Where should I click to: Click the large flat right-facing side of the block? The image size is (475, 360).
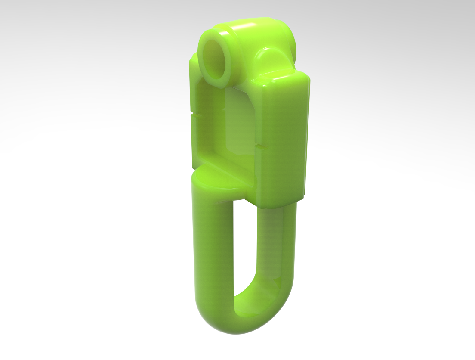tap(282, 138)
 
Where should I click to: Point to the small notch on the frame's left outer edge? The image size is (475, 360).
tap(191, 115)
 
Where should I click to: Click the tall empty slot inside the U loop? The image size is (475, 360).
tap(245, 245)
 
